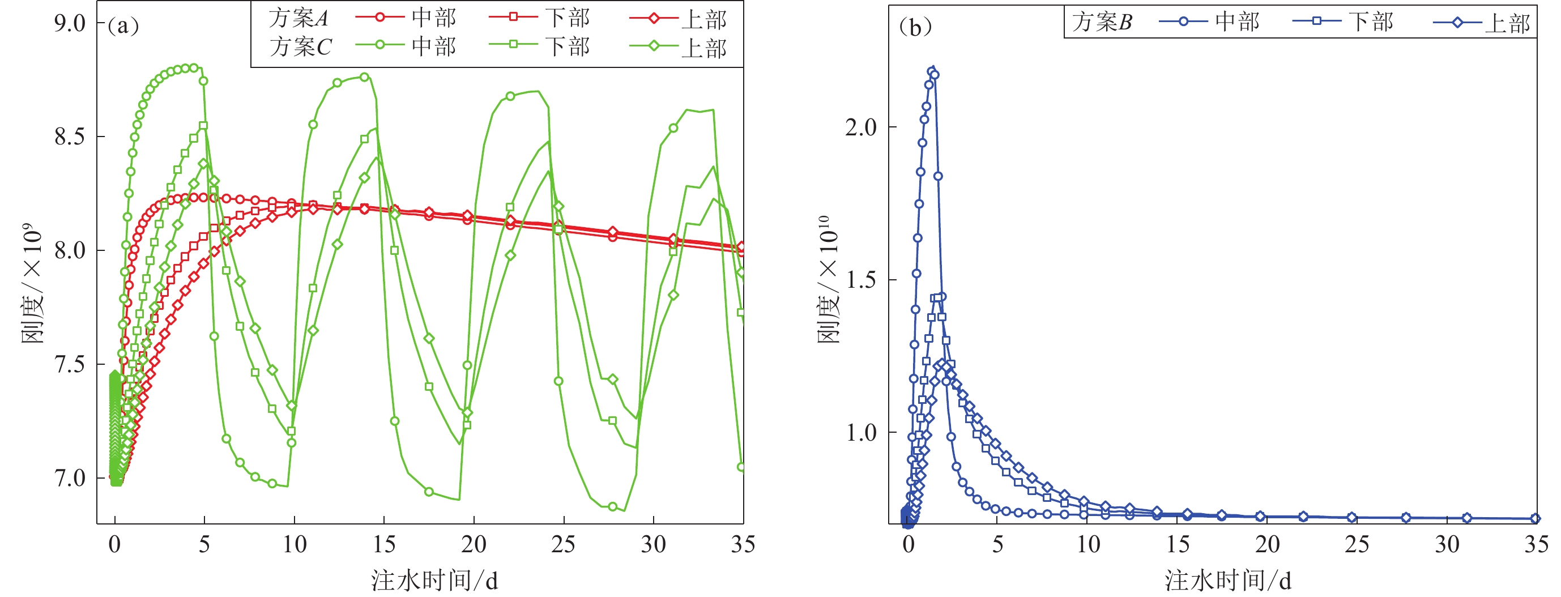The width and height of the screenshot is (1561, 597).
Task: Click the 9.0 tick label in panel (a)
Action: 70,23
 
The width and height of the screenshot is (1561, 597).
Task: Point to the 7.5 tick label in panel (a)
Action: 70,365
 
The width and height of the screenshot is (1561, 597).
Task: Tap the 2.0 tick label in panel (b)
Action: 860,127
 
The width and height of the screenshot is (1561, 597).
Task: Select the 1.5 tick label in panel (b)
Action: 860,280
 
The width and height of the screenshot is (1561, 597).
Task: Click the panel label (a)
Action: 123,25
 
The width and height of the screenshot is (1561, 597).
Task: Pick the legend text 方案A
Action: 298,18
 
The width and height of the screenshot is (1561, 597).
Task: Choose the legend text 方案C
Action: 300,46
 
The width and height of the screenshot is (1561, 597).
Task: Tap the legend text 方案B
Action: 1102,23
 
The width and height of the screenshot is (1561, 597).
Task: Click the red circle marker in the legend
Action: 380,17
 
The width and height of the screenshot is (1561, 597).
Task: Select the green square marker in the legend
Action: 513,44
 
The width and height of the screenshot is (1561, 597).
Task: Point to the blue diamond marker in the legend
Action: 1457,23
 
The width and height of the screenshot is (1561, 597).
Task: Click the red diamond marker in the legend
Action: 654,18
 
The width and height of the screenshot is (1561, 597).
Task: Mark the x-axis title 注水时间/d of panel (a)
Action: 434,580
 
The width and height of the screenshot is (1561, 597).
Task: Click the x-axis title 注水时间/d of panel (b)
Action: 1228,580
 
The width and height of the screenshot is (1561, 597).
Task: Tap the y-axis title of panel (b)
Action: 829,280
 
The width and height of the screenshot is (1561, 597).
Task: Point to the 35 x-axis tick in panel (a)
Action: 743,544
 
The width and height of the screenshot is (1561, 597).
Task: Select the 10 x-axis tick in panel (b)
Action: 1088,544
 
